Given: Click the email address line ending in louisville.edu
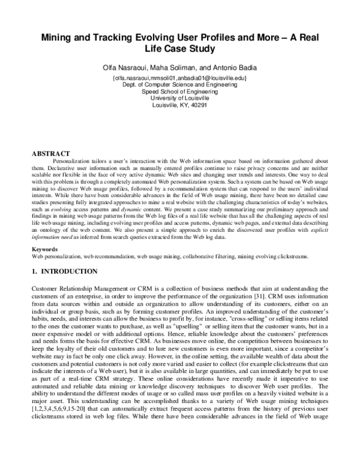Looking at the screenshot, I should coord(179,78).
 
